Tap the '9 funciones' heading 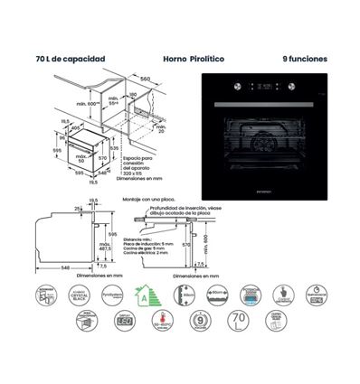point(305,59)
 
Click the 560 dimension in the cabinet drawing point(145,80)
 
